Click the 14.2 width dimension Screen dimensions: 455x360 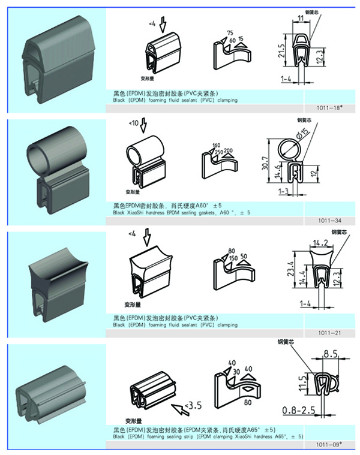click(x=320, y=244)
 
